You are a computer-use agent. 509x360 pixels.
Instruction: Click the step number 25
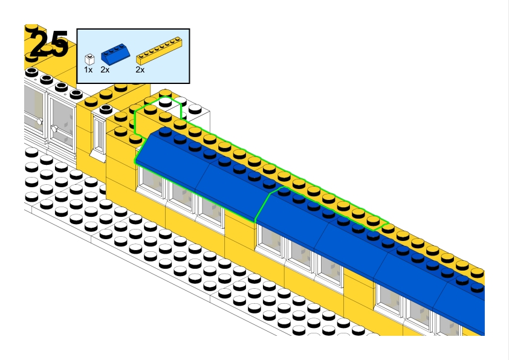click(x=48, y=45)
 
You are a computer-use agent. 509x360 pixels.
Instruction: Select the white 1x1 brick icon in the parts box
click(x=89, y=59)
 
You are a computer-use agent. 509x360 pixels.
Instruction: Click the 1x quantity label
click(x=88, y=70)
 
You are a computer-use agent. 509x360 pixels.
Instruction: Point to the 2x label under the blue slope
click(x=105, y=70)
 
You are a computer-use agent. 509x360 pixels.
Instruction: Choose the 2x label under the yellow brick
click(x=140, y=70)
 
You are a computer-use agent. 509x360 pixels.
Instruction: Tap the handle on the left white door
click(x=40, y=121)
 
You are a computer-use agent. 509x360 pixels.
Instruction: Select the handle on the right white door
click(x=54, y=128)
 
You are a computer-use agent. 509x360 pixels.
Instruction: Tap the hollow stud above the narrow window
click(x=106, y=109)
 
